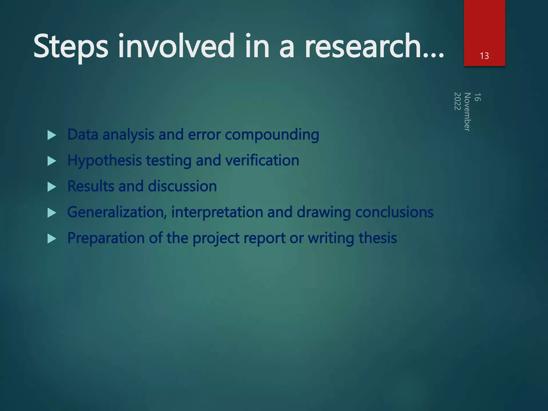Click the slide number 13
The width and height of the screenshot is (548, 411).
(x=484, y=56)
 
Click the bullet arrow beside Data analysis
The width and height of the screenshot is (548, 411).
(x=52, y=135)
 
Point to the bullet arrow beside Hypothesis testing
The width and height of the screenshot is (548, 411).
(x=52, y=161)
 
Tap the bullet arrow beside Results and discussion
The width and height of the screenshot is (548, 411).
(x=52, y=187)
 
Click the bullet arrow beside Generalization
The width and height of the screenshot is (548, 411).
(x=52, y=213)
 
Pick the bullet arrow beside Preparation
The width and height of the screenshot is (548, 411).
(x=52, y=238)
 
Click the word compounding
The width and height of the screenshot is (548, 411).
(x=272, y=135)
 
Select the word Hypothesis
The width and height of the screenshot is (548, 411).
(x=104, y=161)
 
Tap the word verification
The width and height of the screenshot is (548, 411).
(x=262, y=160)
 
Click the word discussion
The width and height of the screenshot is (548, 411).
(x=182, y=186)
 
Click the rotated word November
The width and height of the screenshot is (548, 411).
(x=467, y=112)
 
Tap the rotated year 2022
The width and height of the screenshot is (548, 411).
(x=458, y=101)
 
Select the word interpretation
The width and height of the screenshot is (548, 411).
(x=217, y=212)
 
